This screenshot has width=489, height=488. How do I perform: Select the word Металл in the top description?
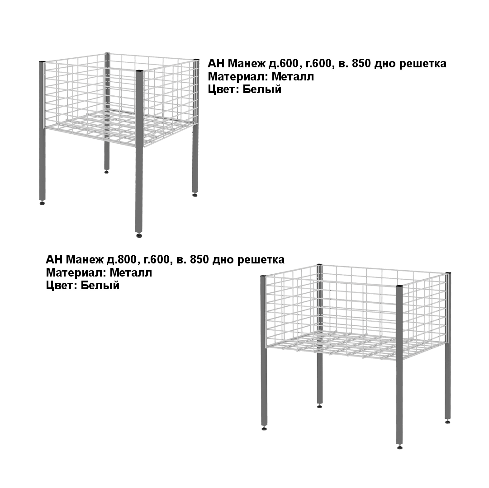click(293, 77)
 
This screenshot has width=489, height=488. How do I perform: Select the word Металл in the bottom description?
click(131, 272)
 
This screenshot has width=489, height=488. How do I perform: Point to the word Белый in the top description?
click(262, 89)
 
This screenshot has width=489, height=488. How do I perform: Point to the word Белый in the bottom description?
click(100, 285)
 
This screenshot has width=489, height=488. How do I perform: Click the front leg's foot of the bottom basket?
click(400, 447)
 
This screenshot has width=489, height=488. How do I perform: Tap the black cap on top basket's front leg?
click(139, 71)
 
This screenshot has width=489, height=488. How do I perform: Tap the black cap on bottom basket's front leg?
click(399, 286)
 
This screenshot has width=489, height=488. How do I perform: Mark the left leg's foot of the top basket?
click(42, 203)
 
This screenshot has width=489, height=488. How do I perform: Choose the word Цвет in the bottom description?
click(62, 285)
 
